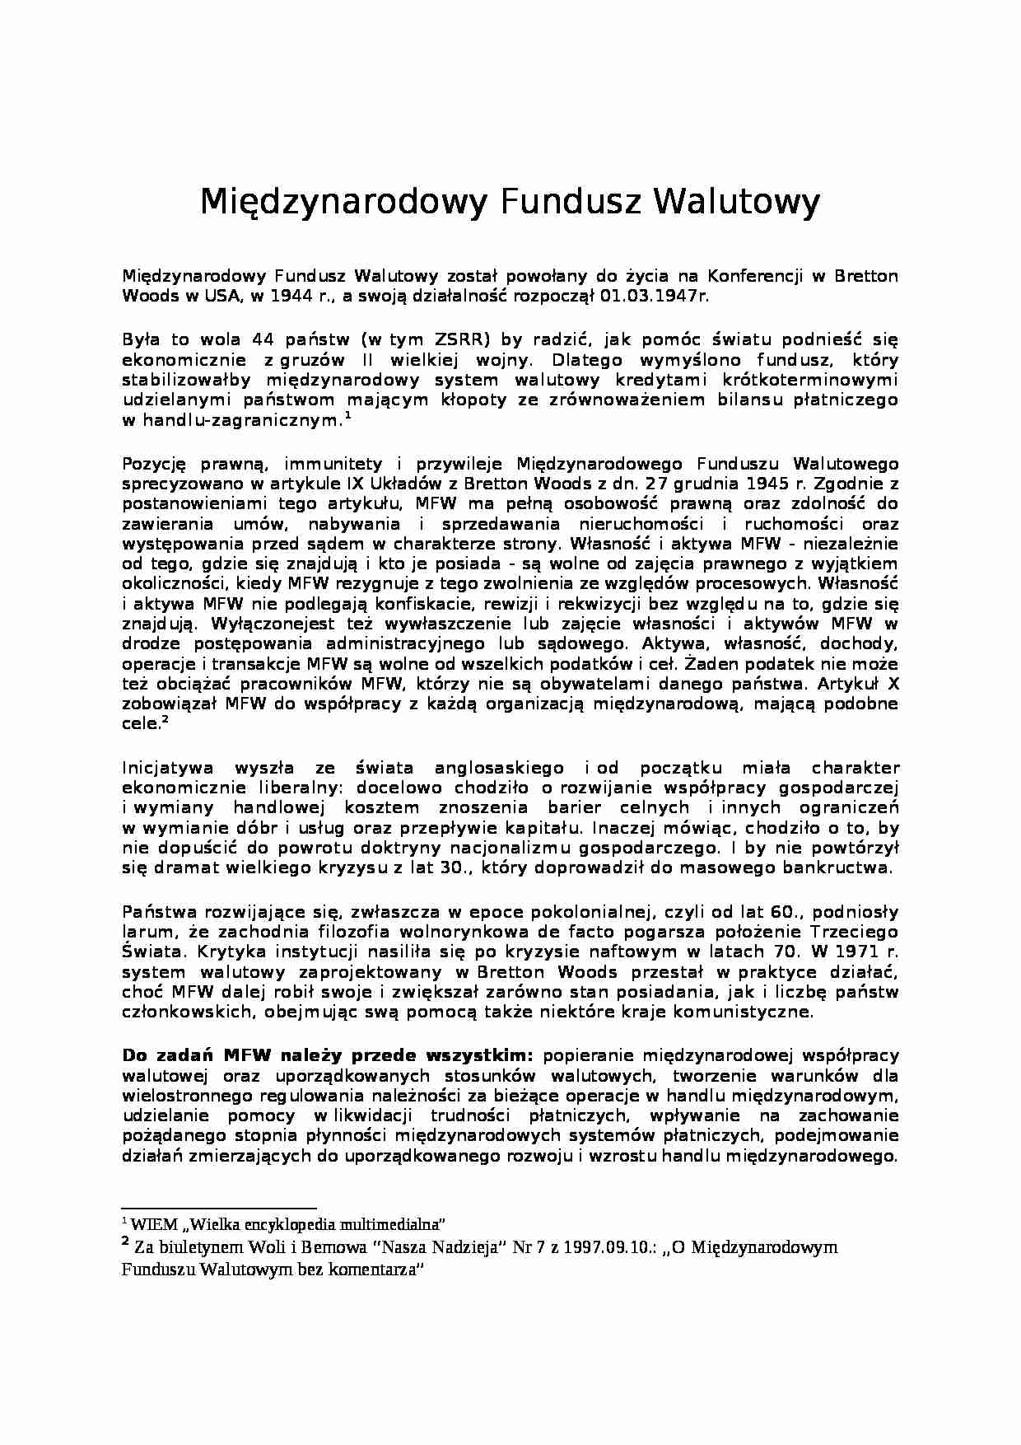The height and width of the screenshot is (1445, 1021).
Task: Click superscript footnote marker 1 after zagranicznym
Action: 348,417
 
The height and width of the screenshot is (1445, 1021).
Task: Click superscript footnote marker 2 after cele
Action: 165,720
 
